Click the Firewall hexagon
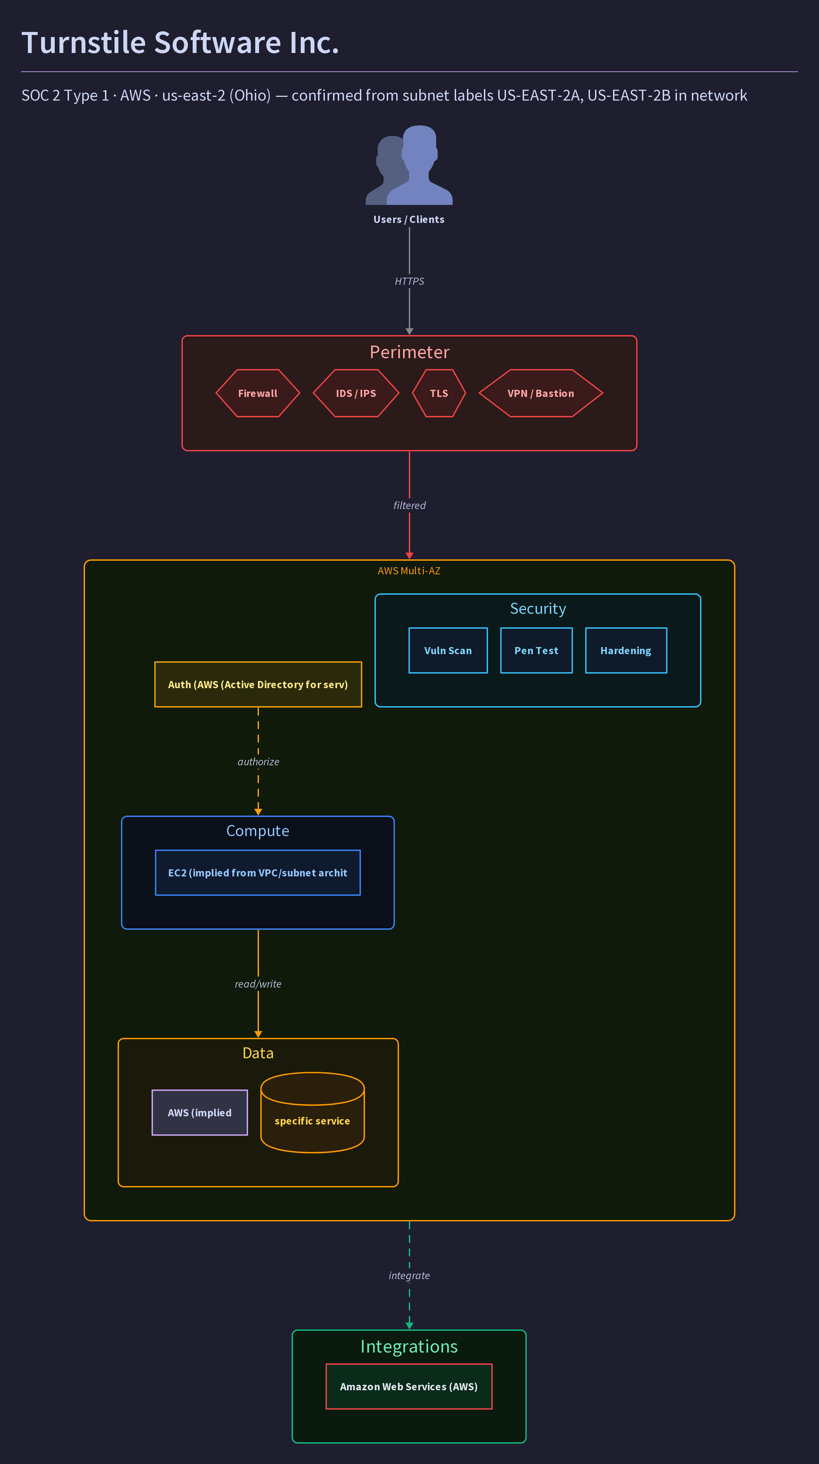258,393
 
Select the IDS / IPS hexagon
356,393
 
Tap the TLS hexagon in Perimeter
439,393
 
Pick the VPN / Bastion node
540,393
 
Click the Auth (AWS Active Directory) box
258,684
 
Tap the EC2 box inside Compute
258,872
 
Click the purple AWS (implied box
199,1112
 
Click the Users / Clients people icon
409,165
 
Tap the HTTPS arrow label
409,281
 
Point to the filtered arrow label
409,505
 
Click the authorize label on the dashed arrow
258,762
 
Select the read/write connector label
258,984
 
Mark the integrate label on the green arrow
409,1275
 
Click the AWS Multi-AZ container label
409,571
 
